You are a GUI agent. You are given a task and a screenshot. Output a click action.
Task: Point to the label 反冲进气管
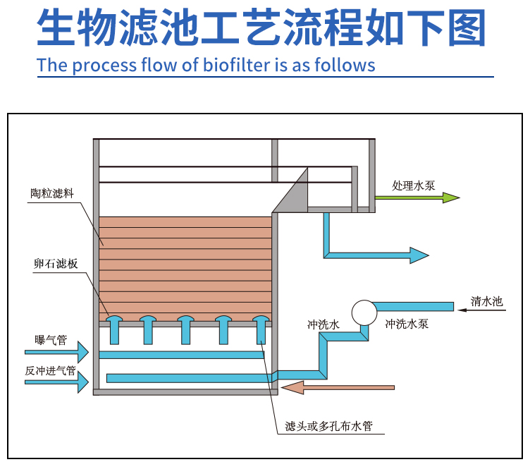pyautogui.click(x=50, y=370)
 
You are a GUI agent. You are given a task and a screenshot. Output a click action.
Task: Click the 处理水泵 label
pyautogui.click(x=414, y=186)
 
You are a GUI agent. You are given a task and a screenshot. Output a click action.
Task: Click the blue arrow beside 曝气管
pyautogui.click(x=57, y=351)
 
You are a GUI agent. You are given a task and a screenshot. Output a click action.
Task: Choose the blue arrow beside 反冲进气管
pyautogui.click(x=57, y=382)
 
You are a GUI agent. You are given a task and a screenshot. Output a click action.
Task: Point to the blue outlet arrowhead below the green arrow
pyautogui.click(x=419, y=255)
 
